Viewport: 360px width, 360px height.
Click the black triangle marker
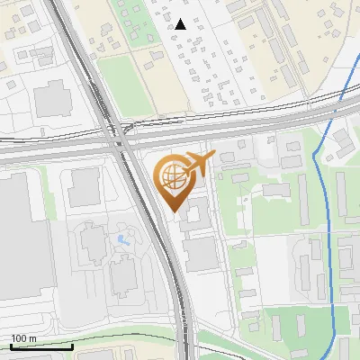[x=181, y=24]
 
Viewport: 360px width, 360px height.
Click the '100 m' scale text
[x=24, y=338]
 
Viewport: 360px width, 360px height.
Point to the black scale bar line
[x=41, y=346]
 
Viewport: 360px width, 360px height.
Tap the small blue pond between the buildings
[x=121, y=240]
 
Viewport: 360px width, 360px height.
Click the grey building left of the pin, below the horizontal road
[x=85, y=185]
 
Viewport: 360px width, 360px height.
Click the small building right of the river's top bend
[x=342, y=139]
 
